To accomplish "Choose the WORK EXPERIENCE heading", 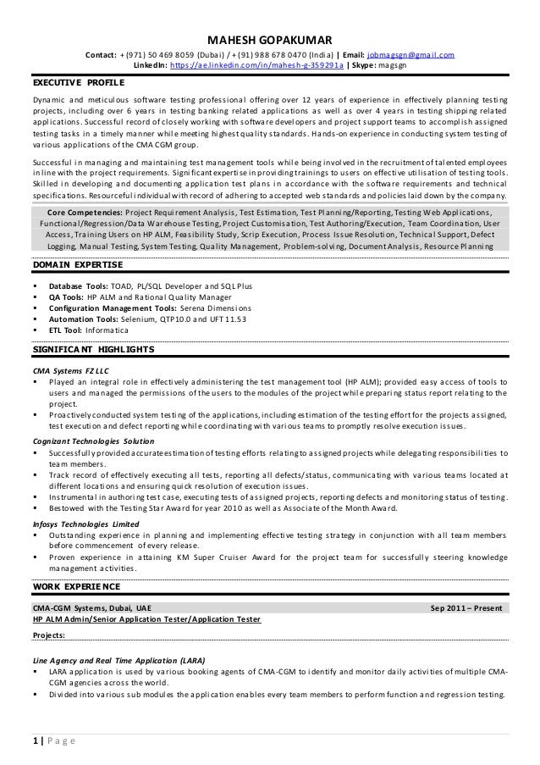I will pos(76,585).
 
